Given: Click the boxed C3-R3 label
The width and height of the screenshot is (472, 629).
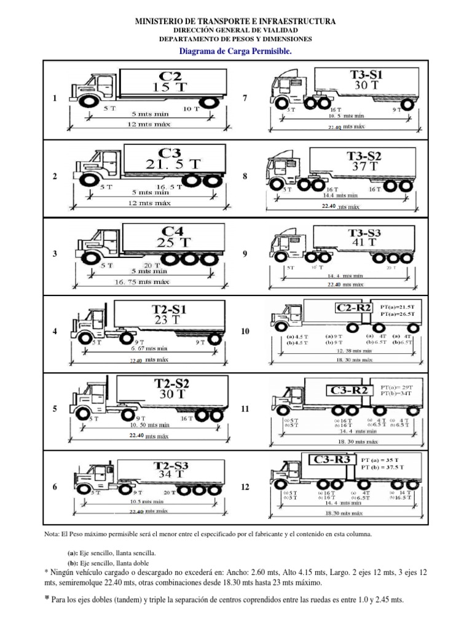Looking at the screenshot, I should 332,459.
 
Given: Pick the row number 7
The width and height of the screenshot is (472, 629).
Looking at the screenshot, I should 245,98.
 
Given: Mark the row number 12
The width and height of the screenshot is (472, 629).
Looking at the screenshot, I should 245,486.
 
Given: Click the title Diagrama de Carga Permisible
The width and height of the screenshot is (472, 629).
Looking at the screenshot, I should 235,52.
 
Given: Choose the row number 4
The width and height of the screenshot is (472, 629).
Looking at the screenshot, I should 55,331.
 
